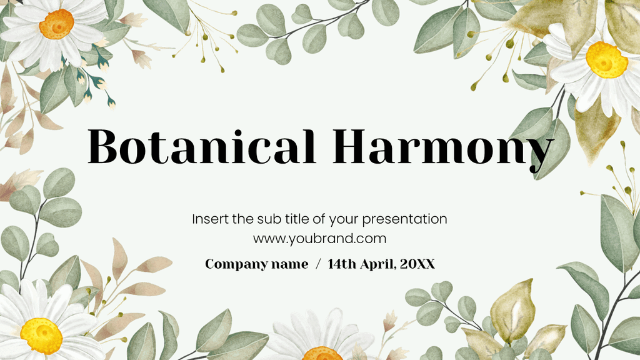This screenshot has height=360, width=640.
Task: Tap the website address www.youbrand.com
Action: [319, 238]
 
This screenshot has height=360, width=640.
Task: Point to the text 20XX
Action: [417, 264]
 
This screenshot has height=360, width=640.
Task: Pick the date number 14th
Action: [341, 264]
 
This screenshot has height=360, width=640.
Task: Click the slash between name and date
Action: [318, 264]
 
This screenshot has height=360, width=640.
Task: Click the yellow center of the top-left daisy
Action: [56, 23]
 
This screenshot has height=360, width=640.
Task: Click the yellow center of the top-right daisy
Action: [606, 59]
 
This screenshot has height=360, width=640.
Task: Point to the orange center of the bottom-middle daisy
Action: [322, 354]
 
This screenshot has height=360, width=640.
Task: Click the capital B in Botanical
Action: [103, 146]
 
